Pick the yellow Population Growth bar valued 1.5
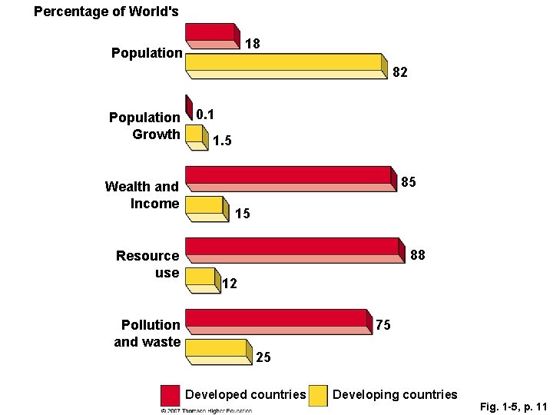pyautogui.click(x=196, y=136)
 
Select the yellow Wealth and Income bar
pyautogui.click(x=206, y=207)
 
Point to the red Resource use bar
pyautogui.click(x=293, y=247)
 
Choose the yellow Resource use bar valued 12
pyautogui.click(x=201, y=278)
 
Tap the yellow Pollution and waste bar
pyautogui.click(x=218, y=350)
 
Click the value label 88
pyautogui.click(x=418, y=254)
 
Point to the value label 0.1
pyautogui.click(x=205, y=115)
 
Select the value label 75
pyautogui.click(x=383, y=325)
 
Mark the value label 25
pyautogui.click(x=263, y=357)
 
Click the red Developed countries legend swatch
pyautogui.click(x=171, y=395)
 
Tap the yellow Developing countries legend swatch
pyautogui.click(x=318, y=395)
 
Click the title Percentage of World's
pyautogui.click(x=106, y=12)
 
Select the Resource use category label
pyautogui.click(x=147, y=264)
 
